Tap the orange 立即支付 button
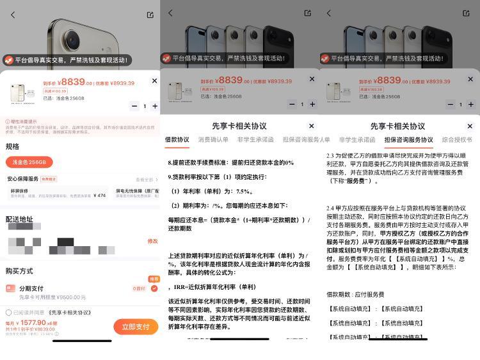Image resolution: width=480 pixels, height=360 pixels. (x=135, y=326)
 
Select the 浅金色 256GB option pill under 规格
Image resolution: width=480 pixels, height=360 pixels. (x=29, y=162)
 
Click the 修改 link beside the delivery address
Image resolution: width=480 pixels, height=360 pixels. (x=152, y=241)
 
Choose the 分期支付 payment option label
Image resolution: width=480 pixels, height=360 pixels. (x=31, y=288)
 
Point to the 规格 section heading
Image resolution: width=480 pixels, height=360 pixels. (x=12, y=146)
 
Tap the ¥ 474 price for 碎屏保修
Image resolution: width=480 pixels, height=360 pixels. (x=99, y=195)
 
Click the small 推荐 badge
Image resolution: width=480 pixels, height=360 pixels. (x=154, y=279)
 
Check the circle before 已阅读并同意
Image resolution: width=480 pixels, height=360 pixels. (x=8, y=313)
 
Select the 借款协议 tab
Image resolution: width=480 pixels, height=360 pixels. (x=177, y=139)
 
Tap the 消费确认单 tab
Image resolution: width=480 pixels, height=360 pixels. (x=213, y=139)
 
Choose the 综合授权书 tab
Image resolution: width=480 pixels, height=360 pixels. (x=456, y=139)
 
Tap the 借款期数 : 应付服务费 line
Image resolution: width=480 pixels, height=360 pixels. (x=355, y=294)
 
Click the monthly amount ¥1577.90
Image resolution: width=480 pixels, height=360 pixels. (x=33, y=323)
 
